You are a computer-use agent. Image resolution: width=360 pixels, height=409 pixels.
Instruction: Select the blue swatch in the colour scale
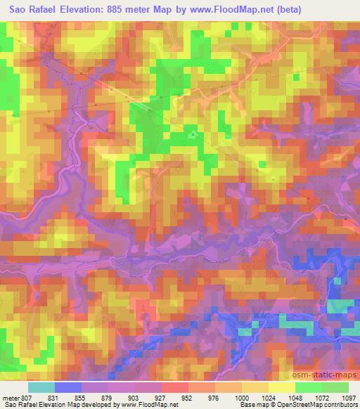[68, 386]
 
